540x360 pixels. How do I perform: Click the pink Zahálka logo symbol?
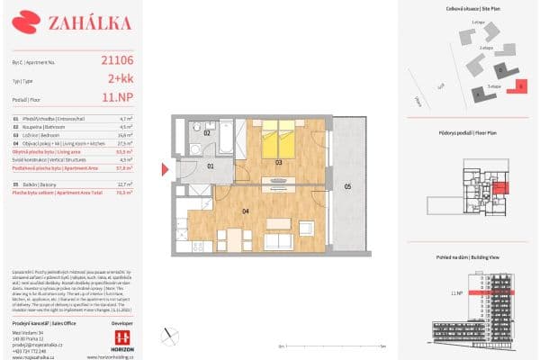(x=31, y=20)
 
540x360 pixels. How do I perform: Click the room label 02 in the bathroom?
(x=206, y=132)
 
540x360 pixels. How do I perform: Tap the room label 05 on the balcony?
(x=347, y=186)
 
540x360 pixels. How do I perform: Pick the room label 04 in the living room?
(x=245, y=211)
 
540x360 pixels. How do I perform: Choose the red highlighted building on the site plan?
(x=522, y=87)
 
